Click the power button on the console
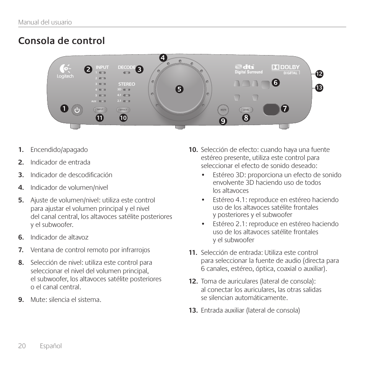77,110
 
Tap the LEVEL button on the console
246,110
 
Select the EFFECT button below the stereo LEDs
123,110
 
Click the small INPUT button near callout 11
100,110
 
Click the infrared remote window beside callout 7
271,109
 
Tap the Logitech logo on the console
65,71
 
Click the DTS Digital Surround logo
249,69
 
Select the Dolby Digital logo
285,69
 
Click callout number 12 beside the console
319,74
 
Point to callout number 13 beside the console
319,88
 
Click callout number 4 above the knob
163,58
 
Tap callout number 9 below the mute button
223,121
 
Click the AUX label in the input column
94,101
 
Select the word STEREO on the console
126,84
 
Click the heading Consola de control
61,41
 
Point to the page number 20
22,346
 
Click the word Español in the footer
51,346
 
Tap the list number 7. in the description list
21,250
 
